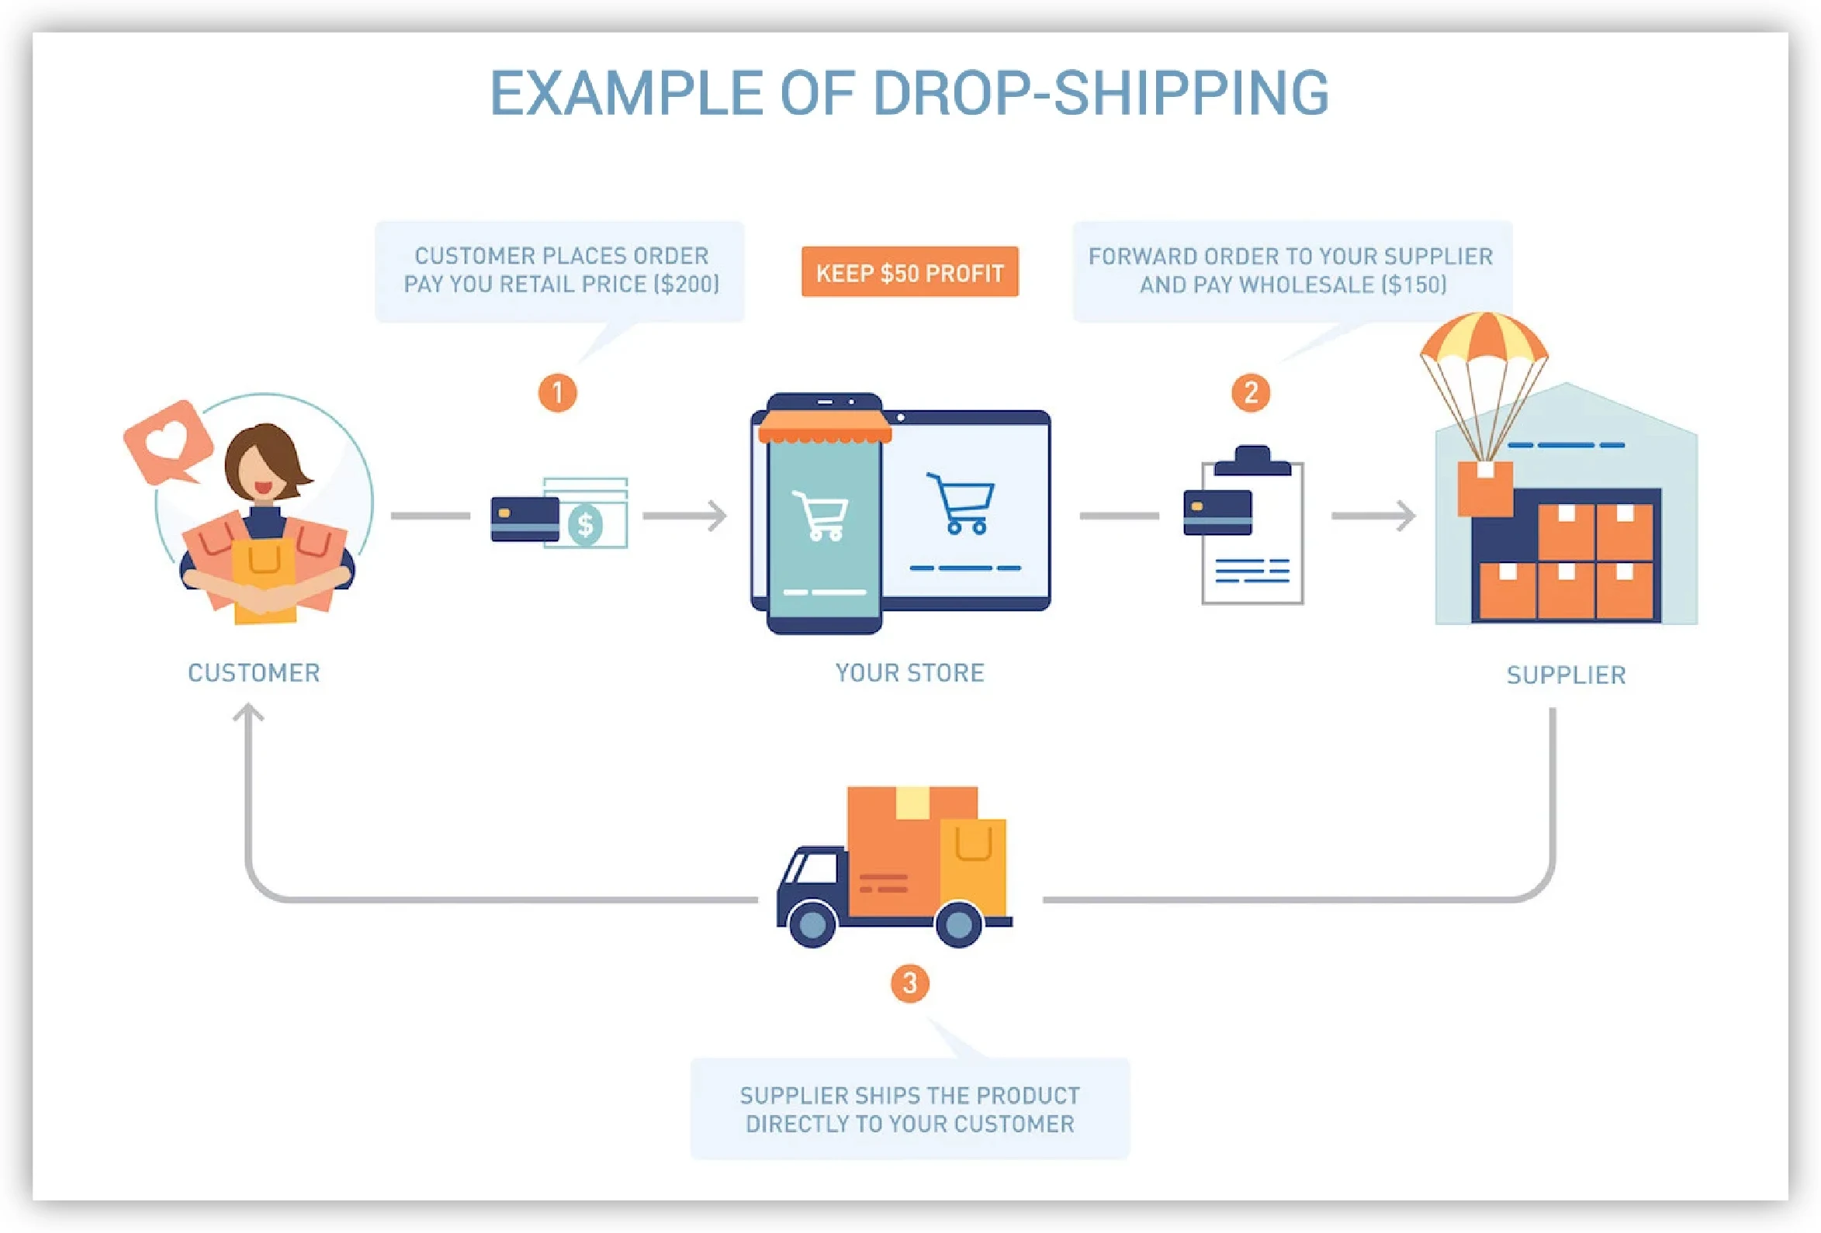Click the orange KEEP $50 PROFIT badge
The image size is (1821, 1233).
click(909, 272)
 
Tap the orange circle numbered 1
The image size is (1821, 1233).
click(557, 392)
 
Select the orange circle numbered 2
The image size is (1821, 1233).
click(1251, 392)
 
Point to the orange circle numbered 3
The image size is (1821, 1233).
click(909, 983)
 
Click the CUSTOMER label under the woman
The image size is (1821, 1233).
click(254, 673)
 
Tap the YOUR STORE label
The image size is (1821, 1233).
click(909, 673)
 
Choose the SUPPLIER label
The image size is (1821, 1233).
click(1566, 675)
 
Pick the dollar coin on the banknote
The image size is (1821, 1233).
click(585, 524)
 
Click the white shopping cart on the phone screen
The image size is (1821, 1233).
click(819, 516)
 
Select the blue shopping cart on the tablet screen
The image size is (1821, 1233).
click(961, 504)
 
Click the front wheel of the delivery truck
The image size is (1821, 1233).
click(812, 924)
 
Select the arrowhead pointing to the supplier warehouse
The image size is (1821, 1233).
click(1407, 516)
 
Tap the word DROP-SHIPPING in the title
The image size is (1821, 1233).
click(1101, 93)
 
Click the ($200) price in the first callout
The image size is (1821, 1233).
click(687, 284)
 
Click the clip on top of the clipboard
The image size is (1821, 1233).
click(1252, 461)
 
